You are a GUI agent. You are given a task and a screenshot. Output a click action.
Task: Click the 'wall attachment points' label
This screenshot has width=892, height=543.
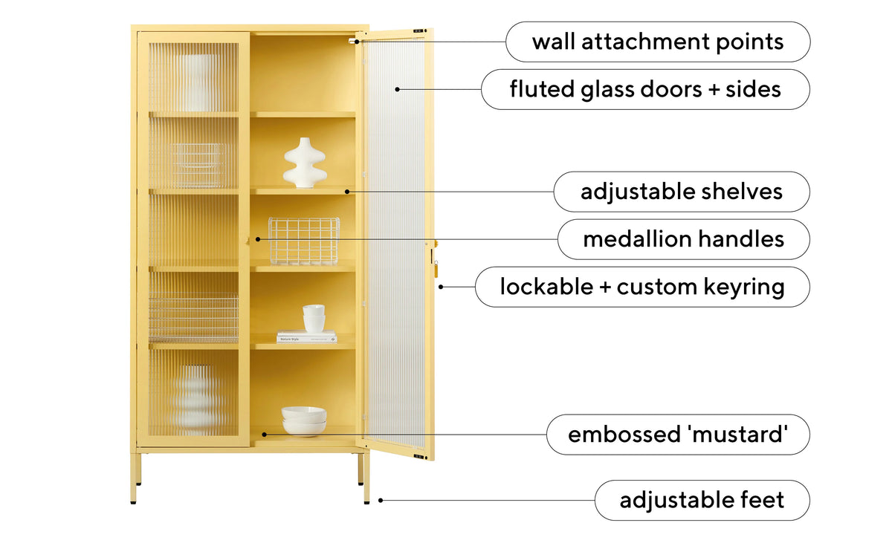point(658,42)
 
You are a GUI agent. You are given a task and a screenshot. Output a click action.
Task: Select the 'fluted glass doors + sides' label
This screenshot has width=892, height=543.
point(645,89)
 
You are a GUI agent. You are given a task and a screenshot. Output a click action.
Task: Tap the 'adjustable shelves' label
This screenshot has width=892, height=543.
point(682,192)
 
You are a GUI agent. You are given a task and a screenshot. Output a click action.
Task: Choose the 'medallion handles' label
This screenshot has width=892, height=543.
point(684,239)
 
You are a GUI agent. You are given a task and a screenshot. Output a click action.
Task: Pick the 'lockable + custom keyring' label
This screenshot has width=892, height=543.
point(642,287)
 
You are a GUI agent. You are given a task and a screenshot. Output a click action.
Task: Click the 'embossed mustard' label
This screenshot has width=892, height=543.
point(678,435)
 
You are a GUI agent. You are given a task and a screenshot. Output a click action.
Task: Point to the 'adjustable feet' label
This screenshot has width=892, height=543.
point(702,501)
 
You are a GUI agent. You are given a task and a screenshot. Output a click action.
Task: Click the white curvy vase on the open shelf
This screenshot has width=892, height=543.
point(305,163)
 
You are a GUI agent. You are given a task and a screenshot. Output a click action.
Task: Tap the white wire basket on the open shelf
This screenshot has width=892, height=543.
point(304,241)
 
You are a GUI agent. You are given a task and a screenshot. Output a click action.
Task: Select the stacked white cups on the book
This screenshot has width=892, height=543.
point(314,318)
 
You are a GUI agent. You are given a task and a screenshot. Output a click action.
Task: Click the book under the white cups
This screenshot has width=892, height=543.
point(306,337)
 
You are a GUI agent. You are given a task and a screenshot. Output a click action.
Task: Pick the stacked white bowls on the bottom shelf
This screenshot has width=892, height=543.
point(304,421)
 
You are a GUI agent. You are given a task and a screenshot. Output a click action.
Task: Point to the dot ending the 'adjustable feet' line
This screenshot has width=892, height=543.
point(381,501)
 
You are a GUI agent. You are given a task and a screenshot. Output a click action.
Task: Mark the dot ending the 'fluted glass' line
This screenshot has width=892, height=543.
point(397,89)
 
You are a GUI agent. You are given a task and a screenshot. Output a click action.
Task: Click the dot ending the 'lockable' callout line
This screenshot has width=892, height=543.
point(441,287)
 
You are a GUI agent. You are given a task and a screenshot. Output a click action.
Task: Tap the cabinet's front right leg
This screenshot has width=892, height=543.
point(366,478)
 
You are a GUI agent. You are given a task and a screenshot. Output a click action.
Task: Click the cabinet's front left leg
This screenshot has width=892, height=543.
point(133,478)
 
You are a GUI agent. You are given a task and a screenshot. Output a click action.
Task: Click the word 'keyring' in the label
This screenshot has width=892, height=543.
point(742,287)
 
